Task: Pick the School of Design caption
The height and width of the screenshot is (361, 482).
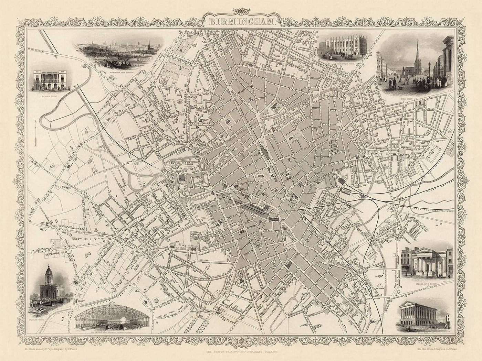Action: (427, 280)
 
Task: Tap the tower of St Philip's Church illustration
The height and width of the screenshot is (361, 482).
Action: (48, 275)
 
